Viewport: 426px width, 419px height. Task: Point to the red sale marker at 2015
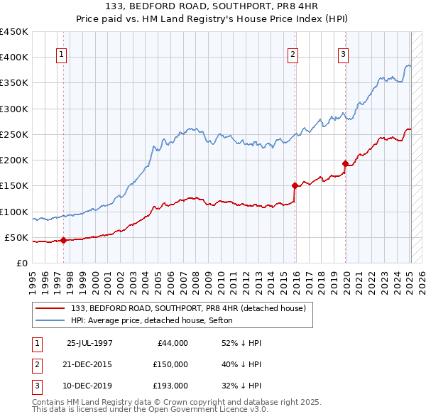pos(295,186)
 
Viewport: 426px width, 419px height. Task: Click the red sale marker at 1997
pos(64,240)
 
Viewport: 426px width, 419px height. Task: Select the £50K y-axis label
pos(17,237)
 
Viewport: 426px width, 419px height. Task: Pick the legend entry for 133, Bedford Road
pos(188,308)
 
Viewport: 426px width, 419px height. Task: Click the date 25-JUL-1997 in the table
pos(89,343)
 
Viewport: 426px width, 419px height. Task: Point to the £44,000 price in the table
pos(173,343)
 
